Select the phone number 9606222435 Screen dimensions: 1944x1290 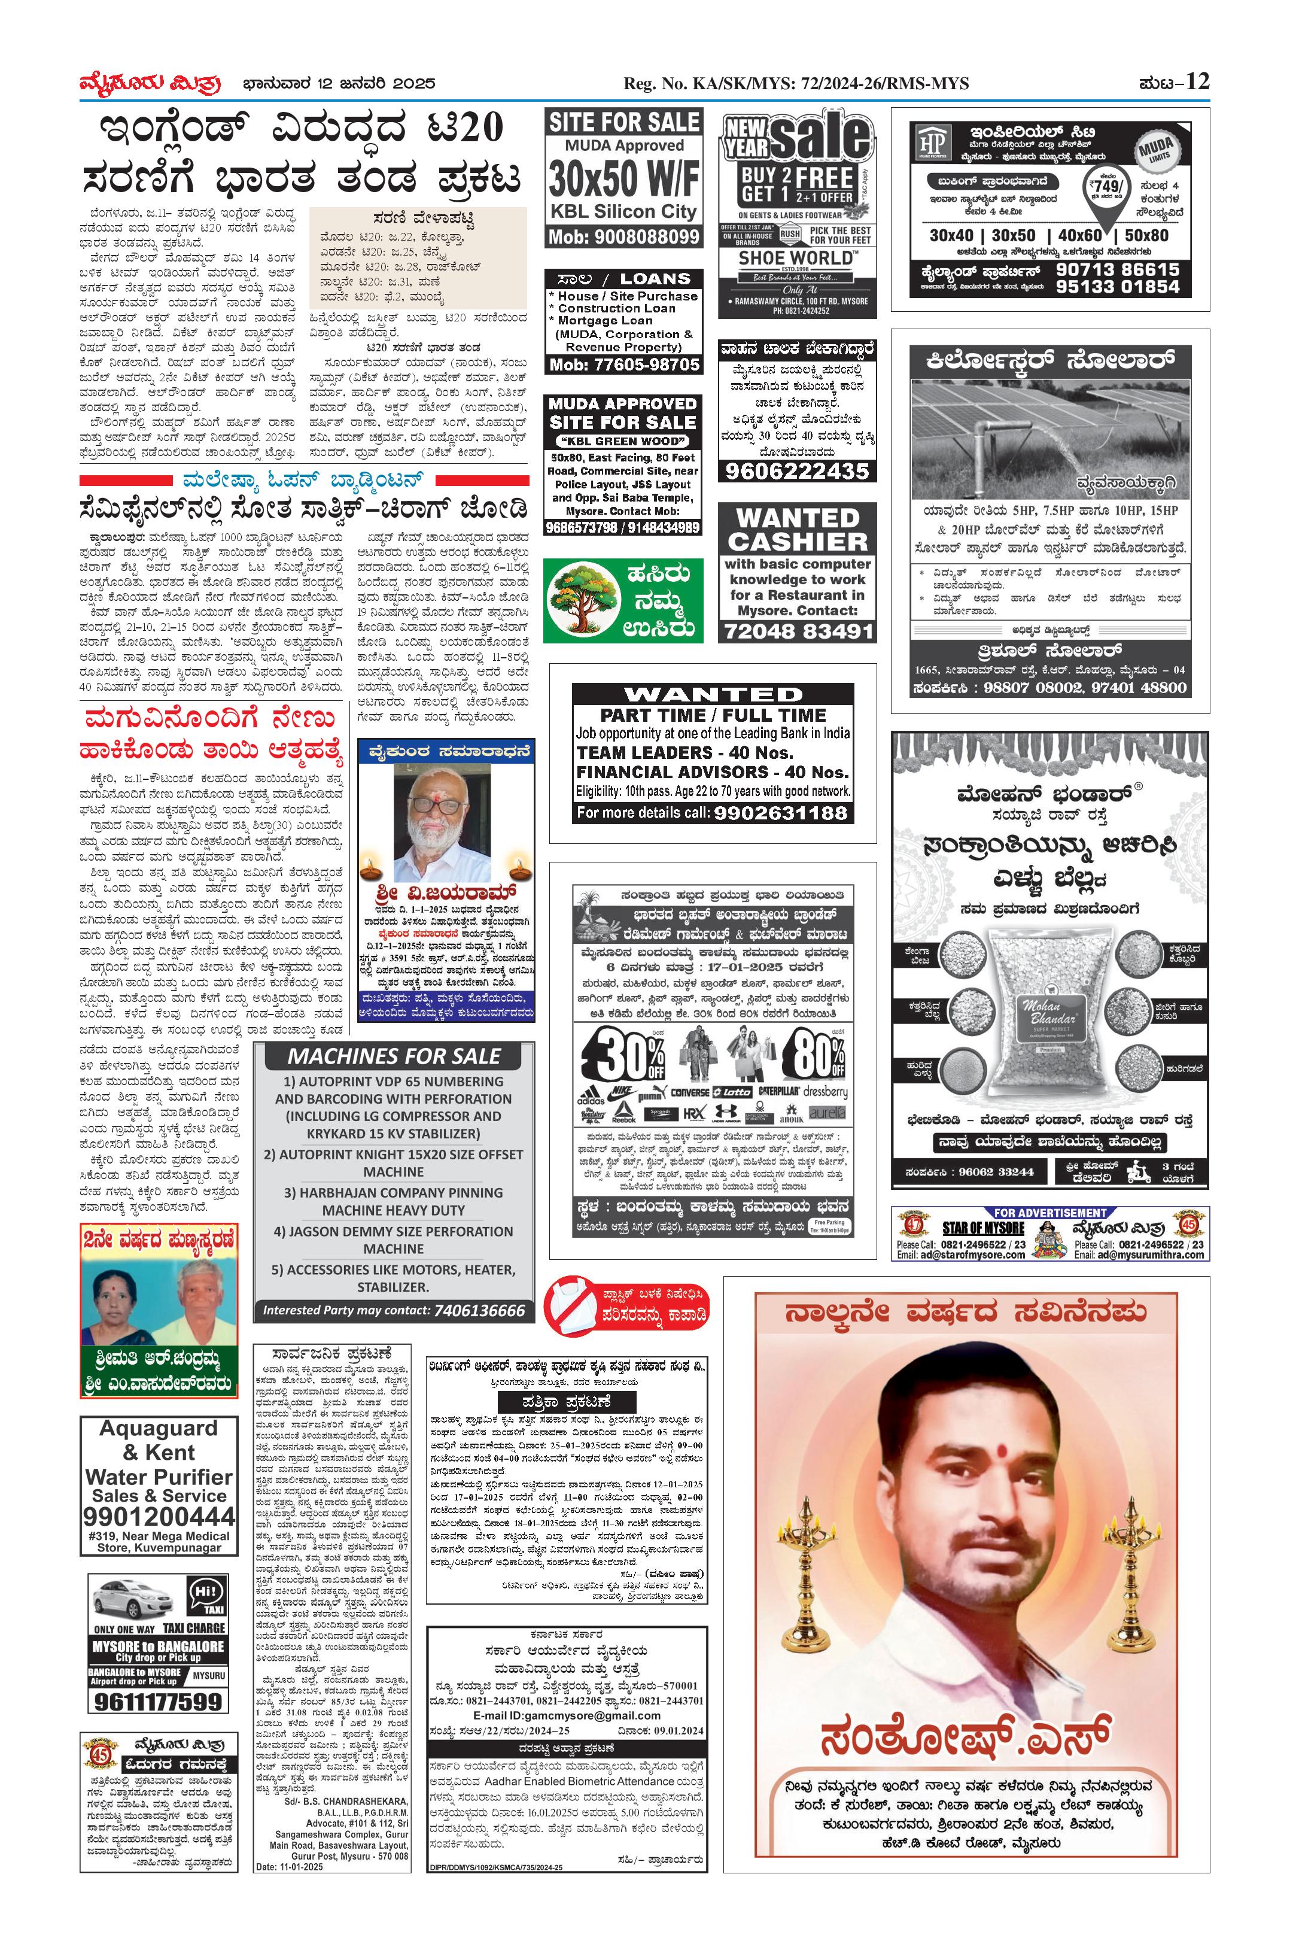[x=796, y=471]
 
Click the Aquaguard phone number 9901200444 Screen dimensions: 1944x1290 [x=158, y=1516]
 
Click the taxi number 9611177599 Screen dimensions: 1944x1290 [x=157, y=1701]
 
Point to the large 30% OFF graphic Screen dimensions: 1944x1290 [x=623, y=1055]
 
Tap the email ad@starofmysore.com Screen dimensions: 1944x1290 [x=972, y=1255]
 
